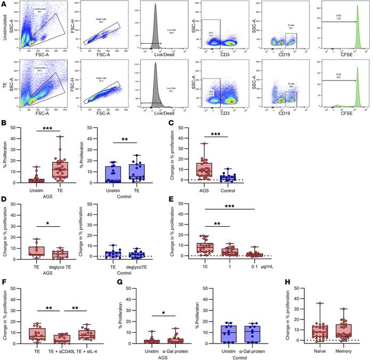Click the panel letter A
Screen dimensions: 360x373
click(4, 4)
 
